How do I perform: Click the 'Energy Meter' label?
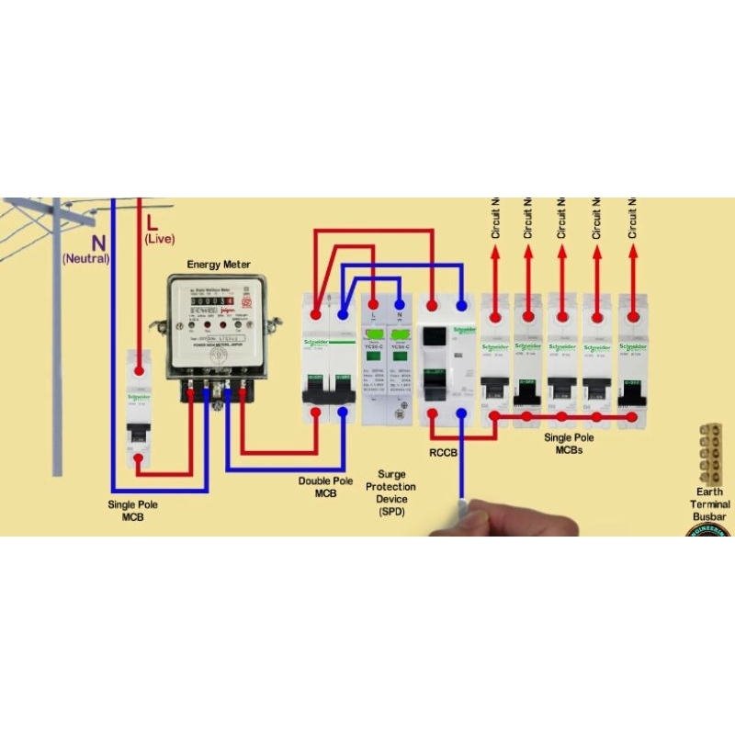coord(217,265)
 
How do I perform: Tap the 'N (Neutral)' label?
coord(86,250)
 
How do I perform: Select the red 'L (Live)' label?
coord(159,230)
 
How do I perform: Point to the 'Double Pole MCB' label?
coord(325,487)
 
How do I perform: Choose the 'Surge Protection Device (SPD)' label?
coord(390,492)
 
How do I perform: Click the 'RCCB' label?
coord(445,453)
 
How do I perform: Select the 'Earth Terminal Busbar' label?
coord(710,504)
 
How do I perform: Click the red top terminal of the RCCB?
coord(433,302)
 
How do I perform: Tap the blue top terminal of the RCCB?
coord(461,302)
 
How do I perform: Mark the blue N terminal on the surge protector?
coord(400,303)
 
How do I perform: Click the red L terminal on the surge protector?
coord(373,303)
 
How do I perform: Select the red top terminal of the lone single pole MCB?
coord(139,369)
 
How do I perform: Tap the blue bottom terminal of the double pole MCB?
coord(343,413)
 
